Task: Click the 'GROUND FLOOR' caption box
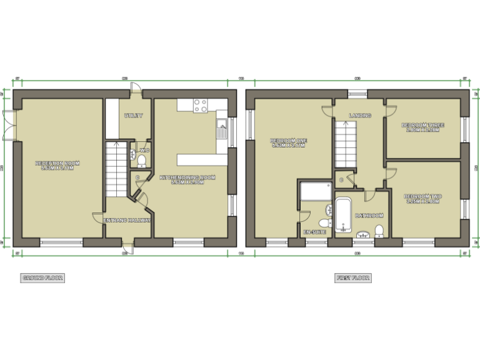pos(42,277)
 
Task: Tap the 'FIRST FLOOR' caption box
pos(352,277)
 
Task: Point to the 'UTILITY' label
pos(134,116)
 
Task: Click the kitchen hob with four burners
pos(201,106)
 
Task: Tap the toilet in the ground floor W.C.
pos(142,161)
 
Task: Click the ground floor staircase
pos(114,167)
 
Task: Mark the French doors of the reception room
pos(9,125)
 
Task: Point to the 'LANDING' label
pos(360,116)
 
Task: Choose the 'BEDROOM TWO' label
pos(424,199)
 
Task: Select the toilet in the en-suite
pos(325,223)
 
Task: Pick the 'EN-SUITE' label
pos(314,232)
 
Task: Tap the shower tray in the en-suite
pos(315,191)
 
